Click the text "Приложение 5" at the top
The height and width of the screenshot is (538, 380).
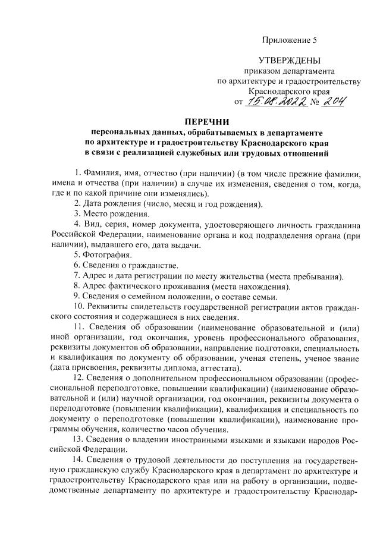tap(290, 40)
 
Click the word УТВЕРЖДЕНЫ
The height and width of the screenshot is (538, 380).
tap(289, 60)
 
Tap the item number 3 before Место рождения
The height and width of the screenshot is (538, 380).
tap(77, 213)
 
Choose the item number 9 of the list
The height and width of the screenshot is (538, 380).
tap(77, 297)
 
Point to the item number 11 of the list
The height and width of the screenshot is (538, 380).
tap(78, 328)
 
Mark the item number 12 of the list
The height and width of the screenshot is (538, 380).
tap(78, 379)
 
